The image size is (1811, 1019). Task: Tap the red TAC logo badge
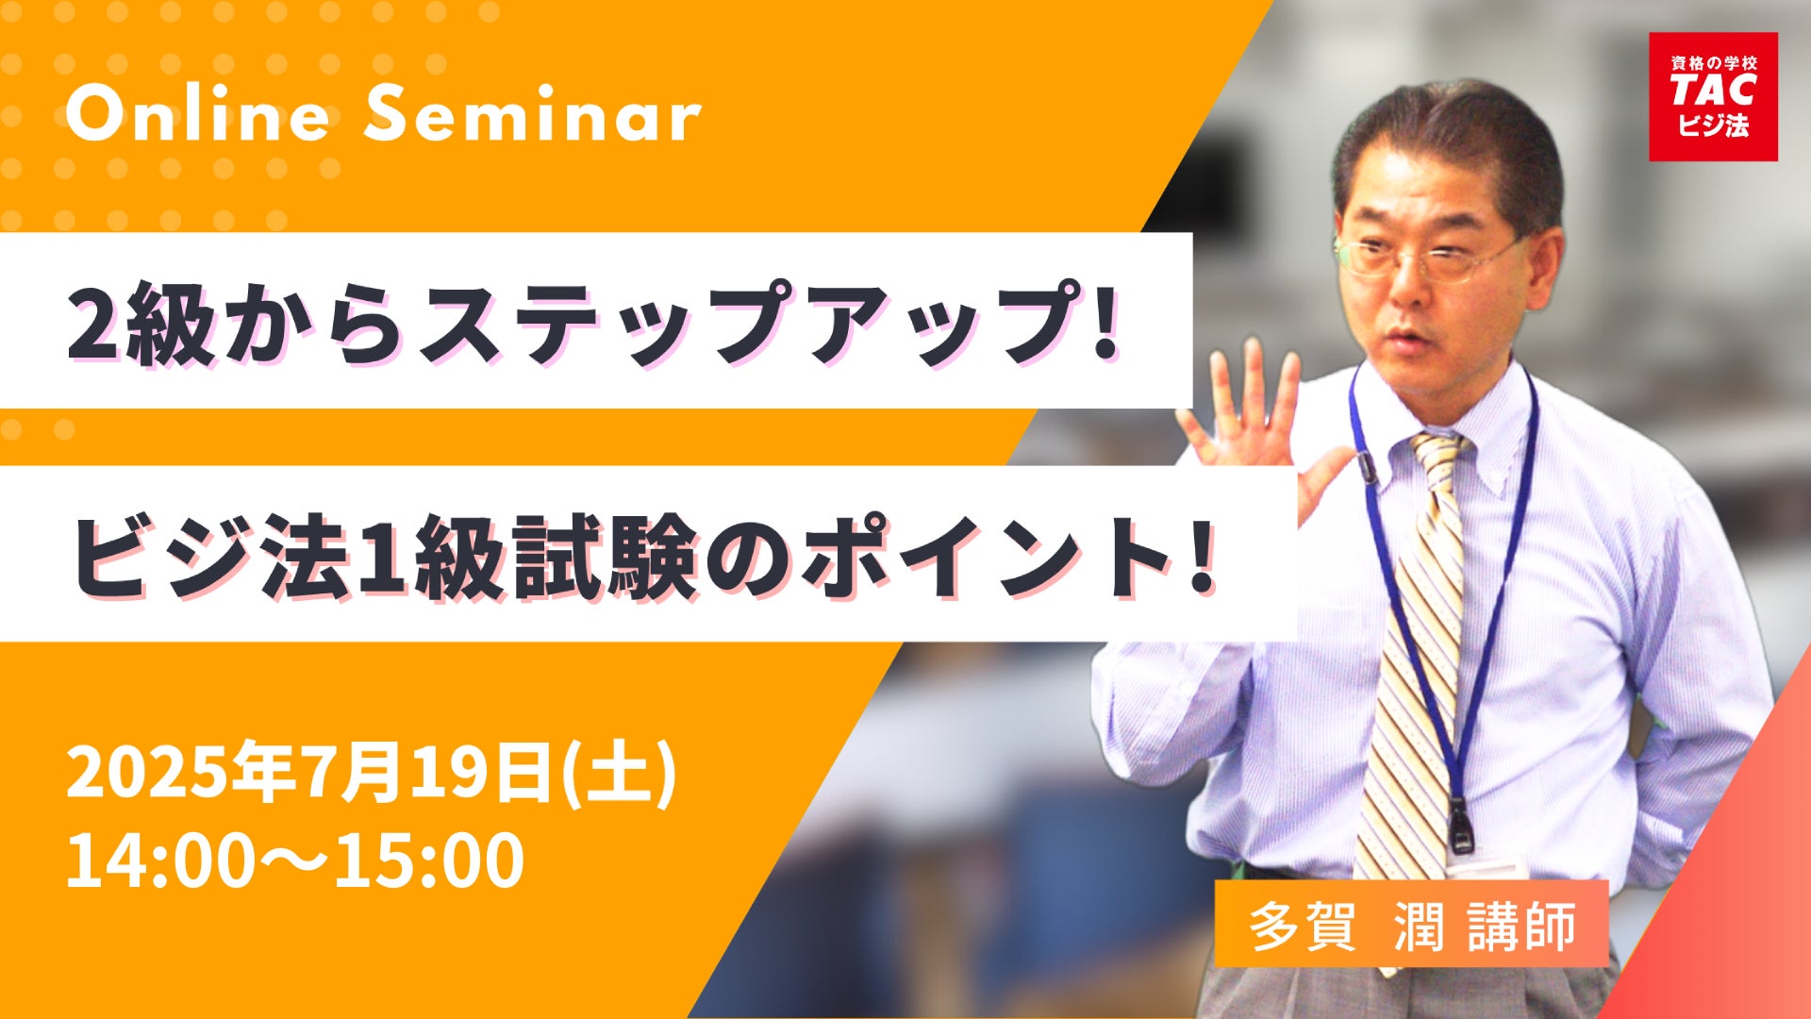coord(1713,96)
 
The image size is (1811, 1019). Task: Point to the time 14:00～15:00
coord(295,860)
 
